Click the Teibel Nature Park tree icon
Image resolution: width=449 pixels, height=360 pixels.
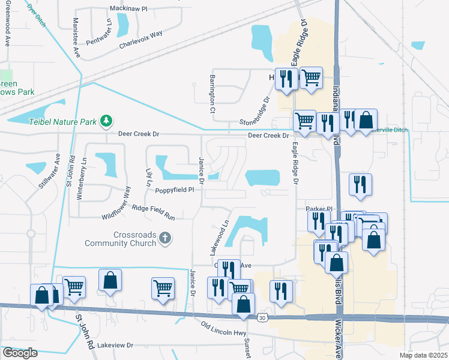[106, 121]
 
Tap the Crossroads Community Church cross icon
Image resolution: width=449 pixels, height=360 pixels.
[166, 239]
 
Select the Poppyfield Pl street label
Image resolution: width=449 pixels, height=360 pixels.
[175, 190]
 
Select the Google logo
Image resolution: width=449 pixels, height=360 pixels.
[20, 353]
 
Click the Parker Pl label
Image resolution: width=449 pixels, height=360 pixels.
[319, 209]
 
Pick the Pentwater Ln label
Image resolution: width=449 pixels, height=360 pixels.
[99, 32]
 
